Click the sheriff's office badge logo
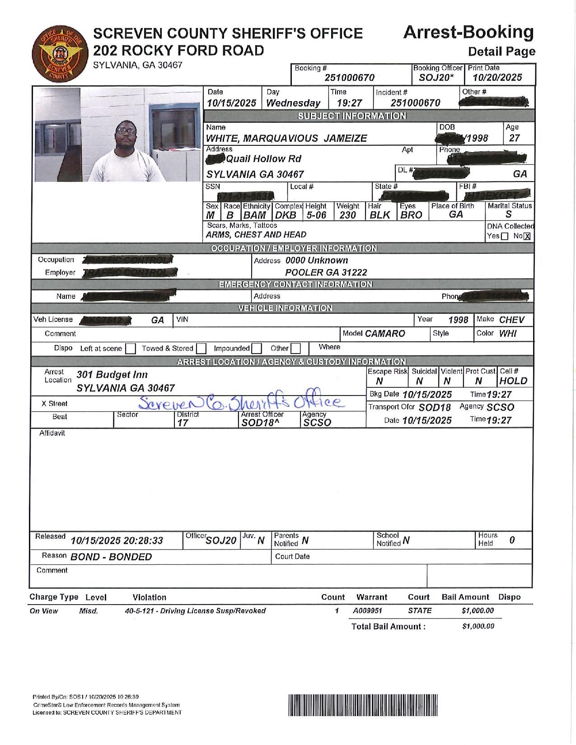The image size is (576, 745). coord(57,52)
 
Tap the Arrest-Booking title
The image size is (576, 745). coord(468,32)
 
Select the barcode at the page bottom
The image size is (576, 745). coord(363,705)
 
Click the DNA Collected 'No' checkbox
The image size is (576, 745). coord(527,236)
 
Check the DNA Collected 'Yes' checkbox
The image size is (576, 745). coord(505,236)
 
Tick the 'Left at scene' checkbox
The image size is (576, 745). coord(131,349)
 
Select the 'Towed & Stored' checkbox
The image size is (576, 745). coord(201,349)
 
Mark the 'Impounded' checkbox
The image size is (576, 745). coord(257,349)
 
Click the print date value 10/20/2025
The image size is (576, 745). coord(497,77)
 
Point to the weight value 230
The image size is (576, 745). coord(347,215)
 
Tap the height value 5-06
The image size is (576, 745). coord(316,215)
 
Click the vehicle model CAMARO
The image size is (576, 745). coord(385,334)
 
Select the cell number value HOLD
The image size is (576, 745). coord(514,381)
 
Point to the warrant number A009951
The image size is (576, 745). coord(367,611)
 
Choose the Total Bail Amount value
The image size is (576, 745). coord(478,626)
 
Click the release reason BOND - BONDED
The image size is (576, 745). coord(111,557)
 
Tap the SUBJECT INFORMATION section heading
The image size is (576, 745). coord(351,116)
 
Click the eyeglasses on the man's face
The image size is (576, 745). coord(123,130)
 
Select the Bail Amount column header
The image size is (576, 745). coord(465,597)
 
